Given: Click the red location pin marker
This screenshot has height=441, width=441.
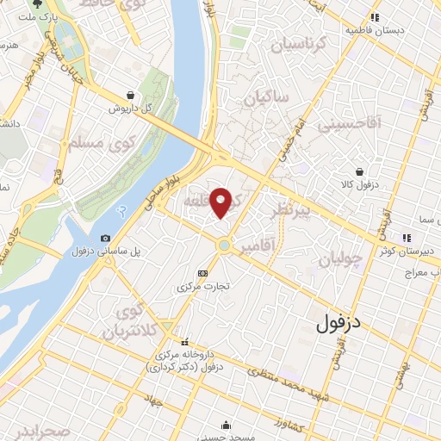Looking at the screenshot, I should click(x=221, y=202).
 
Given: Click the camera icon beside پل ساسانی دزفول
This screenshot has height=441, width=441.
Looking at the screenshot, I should click(x=105, y=238).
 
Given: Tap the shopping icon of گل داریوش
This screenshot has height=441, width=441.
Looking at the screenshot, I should click(x=129, y=95).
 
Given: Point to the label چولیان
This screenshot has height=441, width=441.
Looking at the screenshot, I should click(x=336, y=260).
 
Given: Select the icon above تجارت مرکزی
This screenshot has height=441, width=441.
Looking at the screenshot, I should click(x=202, y=273).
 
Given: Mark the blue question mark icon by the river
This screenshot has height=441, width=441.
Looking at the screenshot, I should click(x=122, y=210).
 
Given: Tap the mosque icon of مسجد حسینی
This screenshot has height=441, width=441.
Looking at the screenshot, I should click(x=226, y=425).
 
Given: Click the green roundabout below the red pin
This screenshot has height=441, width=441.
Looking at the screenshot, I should click(x=224, y=246).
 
